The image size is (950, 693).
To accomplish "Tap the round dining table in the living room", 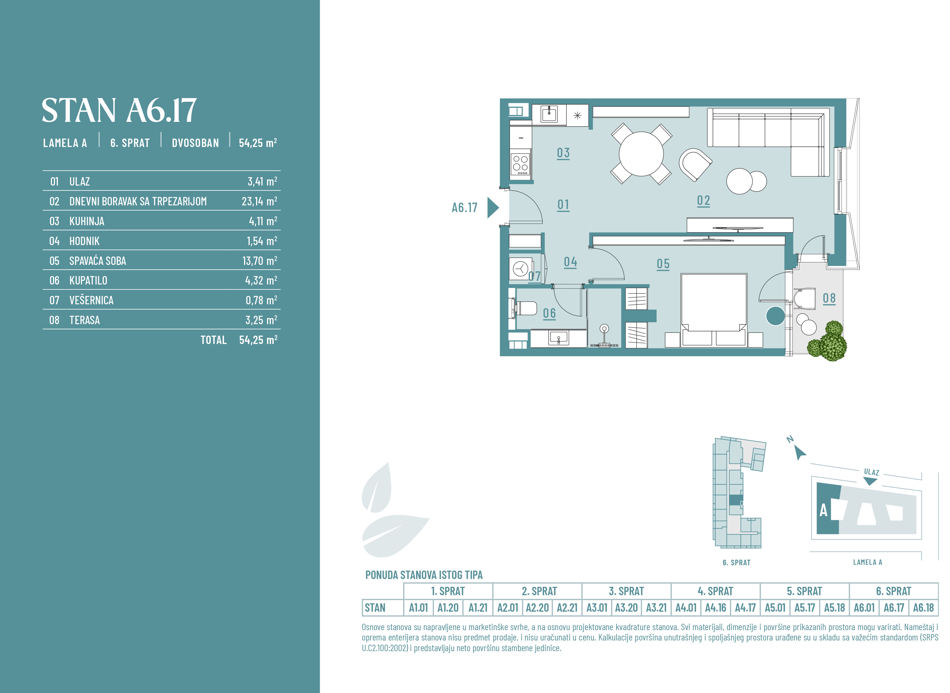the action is (641, 154).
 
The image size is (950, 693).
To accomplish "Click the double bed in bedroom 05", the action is (714, 310).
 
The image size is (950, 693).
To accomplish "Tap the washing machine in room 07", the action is (521, 269).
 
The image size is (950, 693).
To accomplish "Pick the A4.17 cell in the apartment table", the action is (745, 608).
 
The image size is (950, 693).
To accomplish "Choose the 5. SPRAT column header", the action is (804, 591).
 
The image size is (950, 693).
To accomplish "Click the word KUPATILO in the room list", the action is (88, 281).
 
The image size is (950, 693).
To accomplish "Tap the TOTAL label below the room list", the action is (214, 340).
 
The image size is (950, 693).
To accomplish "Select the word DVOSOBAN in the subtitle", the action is (195, 143).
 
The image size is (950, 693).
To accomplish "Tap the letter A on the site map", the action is (823, 511).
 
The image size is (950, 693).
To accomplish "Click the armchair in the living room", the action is (695, 164).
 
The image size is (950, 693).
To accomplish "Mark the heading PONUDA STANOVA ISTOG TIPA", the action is (424, 575).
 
